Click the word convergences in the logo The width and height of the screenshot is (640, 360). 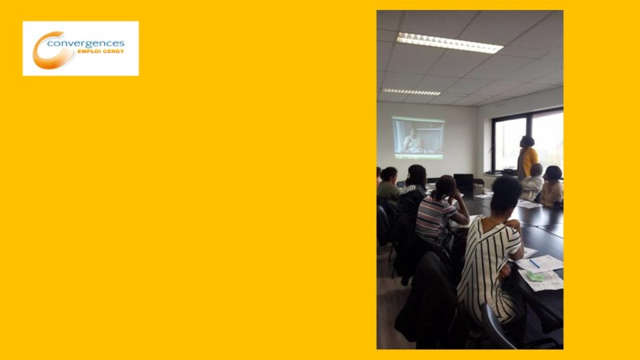point(86,44)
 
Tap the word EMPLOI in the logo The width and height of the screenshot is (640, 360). point(87,51)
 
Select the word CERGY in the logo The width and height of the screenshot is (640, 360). point(111,51)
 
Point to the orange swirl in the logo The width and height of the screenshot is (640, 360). point(51,51)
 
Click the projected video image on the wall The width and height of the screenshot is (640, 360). point(418,137)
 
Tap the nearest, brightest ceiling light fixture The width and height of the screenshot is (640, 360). point(450,43)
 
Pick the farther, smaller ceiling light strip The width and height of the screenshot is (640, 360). point(411,92)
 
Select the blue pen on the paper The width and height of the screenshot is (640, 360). point(534,264)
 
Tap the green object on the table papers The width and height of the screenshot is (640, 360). point(535,277)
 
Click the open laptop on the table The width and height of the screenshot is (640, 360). point(463,181)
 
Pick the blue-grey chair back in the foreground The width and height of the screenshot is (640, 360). point(495,326)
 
